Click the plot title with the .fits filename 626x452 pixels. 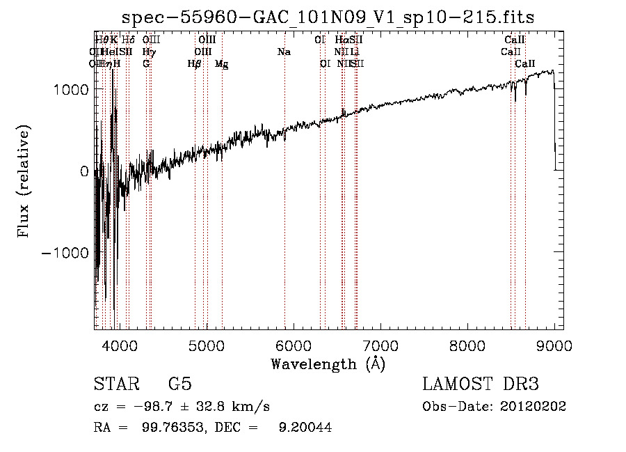(328, 18)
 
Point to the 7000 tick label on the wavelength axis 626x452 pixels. (380, 346)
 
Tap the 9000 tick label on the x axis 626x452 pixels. (554, 346)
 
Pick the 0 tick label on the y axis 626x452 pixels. (84, 171)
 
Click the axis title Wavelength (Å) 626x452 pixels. (328, 364)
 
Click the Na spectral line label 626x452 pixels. (284, 52)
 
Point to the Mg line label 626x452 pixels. (222, 64)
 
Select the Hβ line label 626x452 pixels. (195, 64)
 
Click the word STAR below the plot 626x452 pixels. (115, 384)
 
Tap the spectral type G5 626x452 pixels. (179, 384)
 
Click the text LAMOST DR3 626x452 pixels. (481, 384)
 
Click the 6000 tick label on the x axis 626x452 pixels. (293, 346)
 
